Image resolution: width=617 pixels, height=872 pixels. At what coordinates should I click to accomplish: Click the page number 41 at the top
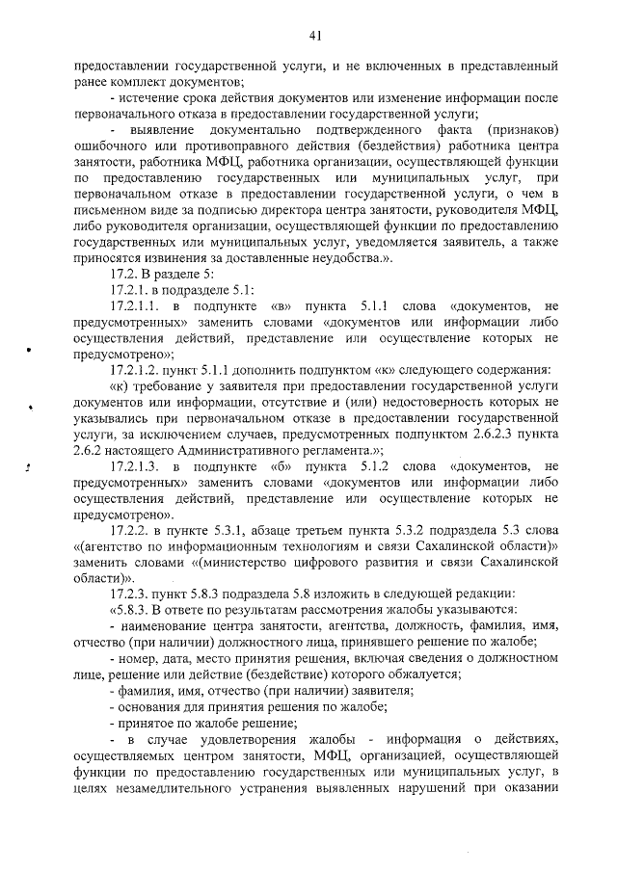[x=315, y=36]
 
